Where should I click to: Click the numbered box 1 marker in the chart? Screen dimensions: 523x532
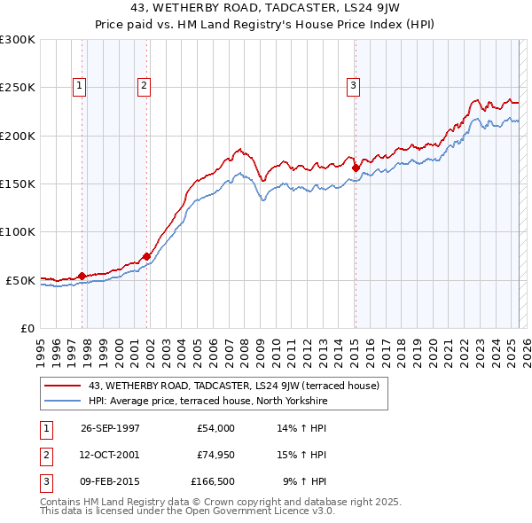pos(80,86)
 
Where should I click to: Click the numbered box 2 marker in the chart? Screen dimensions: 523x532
pos(144,86)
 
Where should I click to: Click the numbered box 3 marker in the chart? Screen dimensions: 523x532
pos(353,86)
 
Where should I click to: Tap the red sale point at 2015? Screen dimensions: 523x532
pos(356,167)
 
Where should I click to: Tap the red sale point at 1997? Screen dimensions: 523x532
pos(82,276)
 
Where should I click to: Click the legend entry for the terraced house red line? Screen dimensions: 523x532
pos(234,386)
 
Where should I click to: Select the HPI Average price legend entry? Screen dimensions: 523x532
pos(208,401)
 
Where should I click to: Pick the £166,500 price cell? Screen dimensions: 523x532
pos(212,481)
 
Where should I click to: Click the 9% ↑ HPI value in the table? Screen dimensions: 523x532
pos(304,481)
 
